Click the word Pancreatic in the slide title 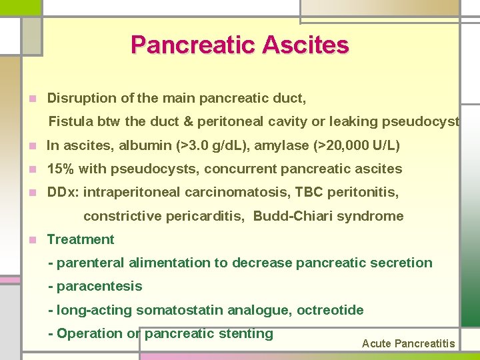(193, 45)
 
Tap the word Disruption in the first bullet (82, 98)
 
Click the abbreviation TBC (307, 192)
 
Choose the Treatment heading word (81, 239)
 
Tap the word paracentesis (99, 287)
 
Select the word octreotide (330, 310)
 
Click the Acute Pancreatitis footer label (408, 344)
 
